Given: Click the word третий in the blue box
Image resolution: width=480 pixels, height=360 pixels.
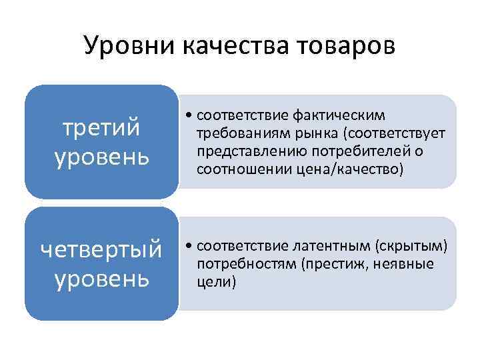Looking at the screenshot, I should (101, 127).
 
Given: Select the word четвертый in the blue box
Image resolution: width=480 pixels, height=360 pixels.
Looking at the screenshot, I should (101, 249).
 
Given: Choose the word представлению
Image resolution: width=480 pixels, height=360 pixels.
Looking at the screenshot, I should (249, 151).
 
